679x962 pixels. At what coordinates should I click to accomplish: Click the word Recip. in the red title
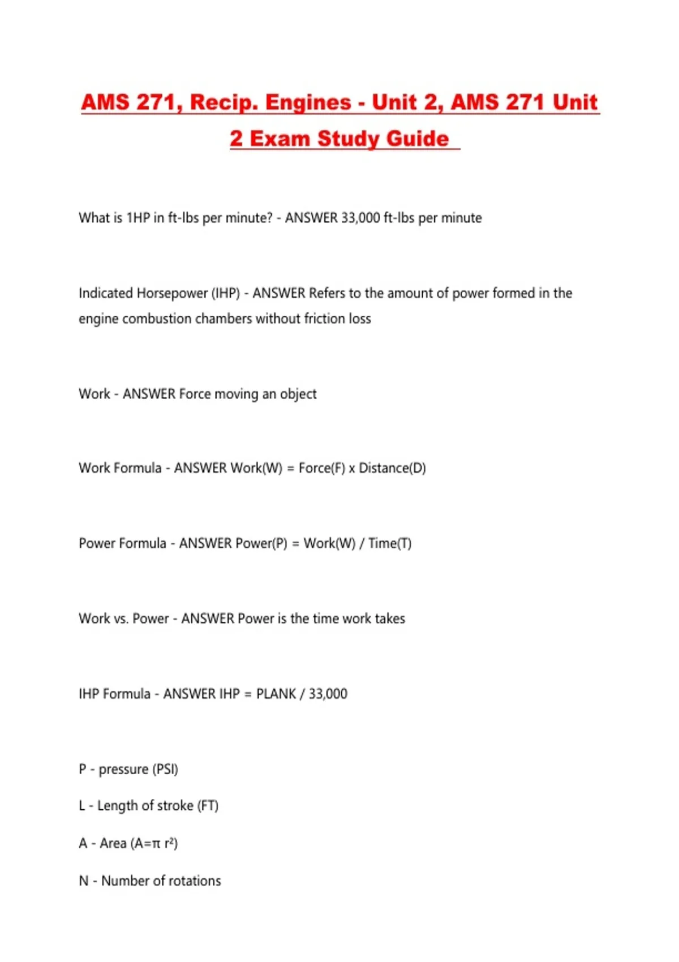(x=222, y=102)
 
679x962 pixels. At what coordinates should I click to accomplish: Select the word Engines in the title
(x=308, y=102)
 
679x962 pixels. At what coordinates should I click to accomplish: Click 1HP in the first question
(x=137, y=218)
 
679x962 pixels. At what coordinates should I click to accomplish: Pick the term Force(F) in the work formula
(x=321, y=468)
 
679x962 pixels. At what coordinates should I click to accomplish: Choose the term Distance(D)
(x=392, y=468)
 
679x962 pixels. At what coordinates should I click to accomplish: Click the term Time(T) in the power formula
(x=390, y=543)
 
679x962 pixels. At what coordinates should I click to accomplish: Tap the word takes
(x=390, y=619)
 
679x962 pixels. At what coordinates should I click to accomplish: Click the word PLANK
(x=276, y=694)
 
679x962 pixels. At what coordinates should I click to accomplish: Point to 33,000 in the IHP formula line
(x=328, y=694)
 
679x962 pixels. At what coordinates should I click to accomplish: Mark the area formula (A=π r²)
(x=154, y=843)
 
